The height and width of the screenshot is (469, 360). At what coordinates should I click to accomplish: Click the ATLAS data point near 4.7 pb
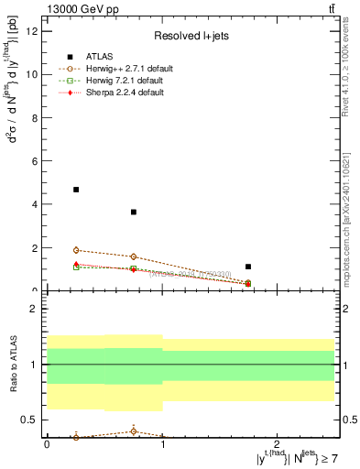[x=76, y=190]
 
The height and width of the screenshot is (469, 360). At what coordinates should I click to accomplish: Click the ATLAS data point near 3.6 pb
[x=134, y=213]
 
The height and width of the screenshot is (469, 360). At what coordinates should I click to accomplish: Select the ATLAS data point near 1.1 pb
[x=248, y=267]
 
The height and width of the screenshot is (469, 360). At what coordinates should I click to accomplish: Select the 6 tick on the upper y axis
[x=37, y=161]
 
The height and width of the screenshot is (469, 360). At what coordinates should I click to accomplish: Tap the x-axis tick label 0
[x=47, y=444]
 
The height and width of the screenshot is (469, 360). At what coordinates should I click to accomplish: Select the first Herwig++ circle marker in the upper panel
[x=76, y=250]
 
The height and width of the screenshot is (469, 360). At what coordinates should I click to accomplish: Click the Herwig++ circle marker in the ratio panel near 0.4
[x=134, y=431]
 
